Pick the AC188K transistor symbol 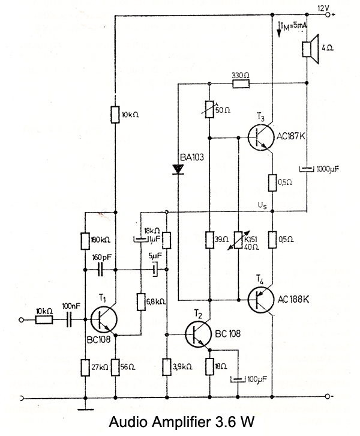pos(262,298)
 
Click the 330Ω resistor pos(241,85)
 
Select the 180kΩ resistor pos(85,240)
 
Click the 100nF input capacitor pos(71,320)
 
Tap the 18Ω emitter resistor pos(209,365)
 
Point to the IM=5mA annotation pos(294,25)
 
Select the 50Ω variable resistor pos(209,109)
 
